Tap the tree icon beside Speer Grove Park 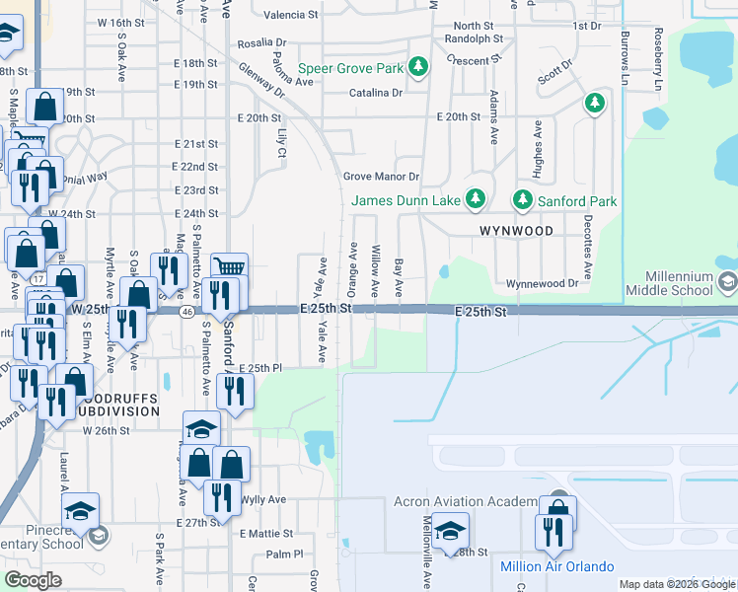[x=419, y=67]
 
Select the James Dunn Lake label [x=406, y=201]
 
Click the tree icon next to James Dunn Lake [x=476, y=199]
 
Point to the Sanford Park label [x=577, y=201]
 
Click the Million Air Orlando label [x=557, y=566]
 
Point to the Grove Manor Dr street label [x=381, y=177]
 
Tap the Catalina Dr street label [x=376, y=93]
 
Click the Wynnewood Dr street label [x=542, y=283]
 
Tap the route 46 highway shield [x=185, y=310]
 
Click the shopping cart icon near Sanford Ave [x=229, y=267]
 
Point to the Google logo [x=34, y=580]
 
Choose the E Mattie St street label [x=265, y=533]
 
